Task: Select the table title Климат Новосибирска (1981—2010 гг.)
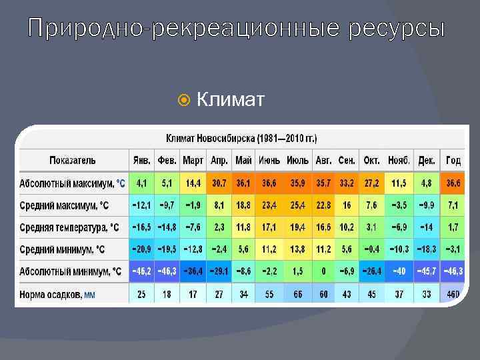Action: coord(241,139)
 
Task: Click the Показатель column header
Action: coord(73,161)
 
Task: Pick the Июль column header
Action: coord(297,161)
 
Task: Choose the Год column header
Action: coord(453,161)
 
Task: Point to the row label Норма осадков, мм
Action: coord(57,294)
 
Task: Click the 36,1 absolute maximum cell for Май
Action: coord(243,183)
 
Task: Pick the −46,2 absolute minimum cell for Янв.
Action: coord(141,271)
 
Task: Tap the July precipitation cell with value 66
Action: coord(297,294)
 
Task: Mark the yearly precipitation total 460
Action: coord(453,294)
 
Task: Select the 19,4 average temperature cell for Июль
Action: coord(297,227)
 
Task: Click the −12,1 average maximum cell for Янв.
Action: coord(141,205)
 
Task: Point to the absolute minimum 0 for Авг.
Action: coord(323,271)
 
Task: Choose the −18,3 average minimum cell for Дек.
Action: coord(426,249)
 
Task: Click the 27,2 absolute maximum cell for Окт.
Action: coord(371,183)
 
